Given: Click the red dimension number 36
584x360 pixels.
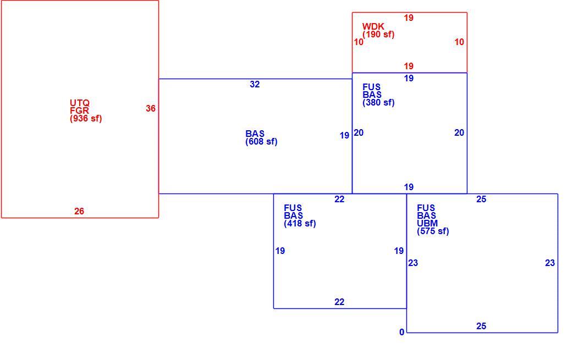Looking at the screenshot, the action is coord(151,108).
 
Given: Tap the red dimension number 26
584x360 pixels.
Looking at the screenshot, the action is coord(79,211).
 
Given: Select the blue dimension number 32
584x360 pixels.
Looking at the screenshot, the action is coord(255,84).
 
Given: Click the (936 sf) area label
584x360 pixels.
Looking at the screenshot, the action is coord(86,118).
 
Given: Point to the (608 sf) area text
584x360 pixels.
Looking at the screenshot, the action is coord(261,141).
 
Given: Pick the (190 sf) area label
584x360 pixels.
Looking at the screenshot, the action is coord(378,34).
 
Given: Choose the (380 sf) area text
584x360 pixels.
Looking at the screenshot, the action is coord(378,102).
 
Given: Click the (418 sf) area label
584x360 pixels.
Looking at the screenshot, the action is coord(300,223).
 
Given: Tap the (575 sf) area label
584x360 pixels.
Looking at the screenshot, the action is coord(433,231).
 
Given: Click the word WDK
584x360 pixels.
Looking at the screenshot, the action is coord(373,26).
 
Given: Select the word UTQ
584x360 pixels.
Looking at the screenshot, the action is coord(80,103).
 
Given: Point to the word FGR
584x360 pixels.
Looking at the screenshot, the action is coord(79,110).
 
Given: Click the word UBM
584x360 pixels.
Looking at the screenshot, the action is coord(427,223).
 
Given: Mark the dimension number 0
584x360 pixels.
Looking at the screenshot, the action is coord(401,332).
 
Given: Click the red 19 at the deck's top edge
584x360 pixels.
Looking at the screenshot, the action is coord(409,18).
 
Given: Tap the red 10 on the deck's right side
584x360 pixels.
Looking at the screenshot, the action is coord(459,42).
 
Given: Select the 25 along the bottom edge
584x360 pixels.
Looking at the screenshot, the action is coord(481,326).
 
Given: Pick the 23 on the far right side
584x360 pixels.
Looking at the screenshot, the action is coord(550,263).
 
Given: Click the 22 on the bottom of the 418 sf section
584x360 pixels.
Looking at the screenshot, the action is coord(339,302).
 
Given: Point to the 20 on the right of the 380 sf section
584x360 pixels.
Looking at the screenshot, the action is coord(459,132).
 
